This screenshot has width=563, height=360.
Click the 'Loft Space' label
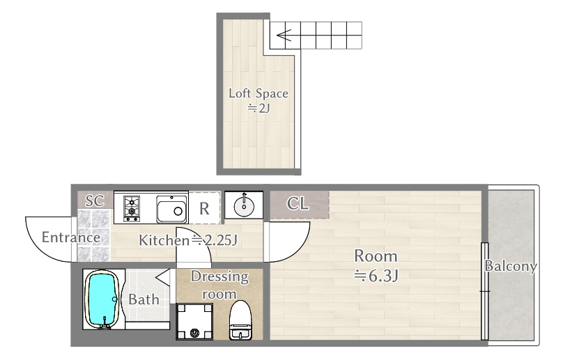point(259,93)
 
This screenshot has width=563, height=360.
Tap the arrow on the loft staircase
point(281,33)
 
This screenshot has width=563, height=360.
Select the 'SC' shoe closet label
point(94,201)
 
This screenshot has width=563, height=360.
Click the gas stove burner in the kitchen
point(132,208)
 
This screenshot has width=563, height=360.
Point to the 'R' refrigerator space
point(205,208)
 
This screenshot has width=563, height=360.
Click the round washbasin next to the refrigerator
point(244,205)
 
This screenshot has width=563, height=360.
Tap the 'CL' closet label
point(298,204)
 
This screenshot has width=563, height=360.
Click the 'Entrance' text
point(70,237)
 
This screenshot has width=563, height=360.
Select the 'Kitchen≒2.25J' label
point(189,241)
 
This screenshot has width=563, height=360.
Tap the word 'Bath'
point(144,299)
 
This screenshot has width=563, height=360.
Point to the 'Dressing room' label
point(219,285)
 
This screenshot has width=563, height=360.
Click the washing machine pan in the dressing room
point(194,321)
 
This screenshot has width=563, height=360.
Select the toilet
point(240,320)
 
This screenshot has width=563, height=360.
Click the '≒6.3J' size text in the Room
point(376,275)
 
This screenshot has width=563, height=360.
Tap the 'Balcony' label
point(511,266)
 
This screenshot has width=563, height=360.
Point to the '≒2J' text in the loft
point(259,108)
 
